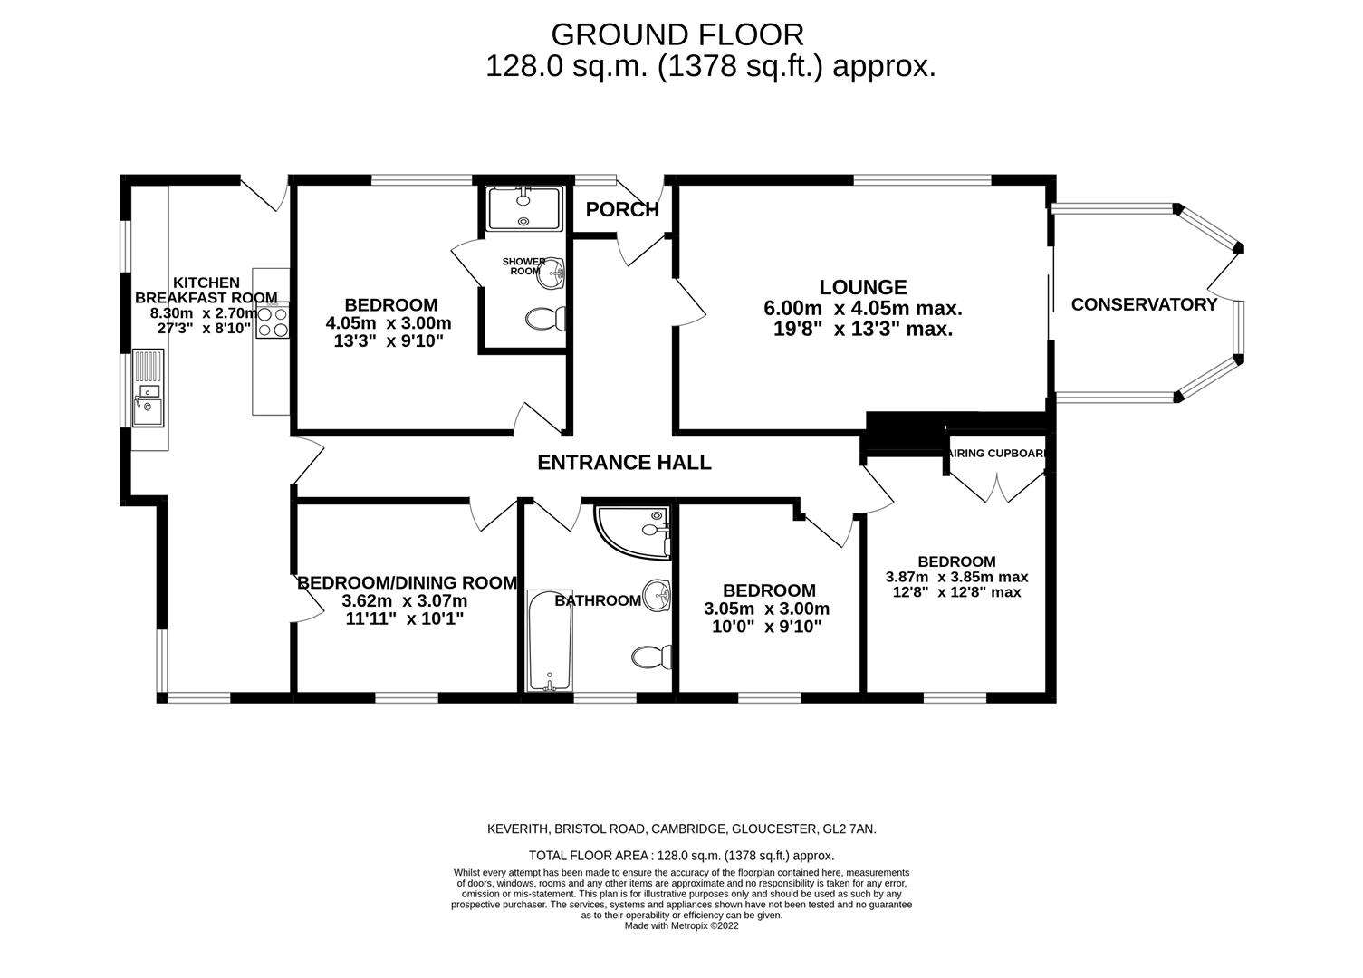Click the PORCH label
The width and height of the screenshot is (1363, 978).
pyautogui.click(x=622, y=210)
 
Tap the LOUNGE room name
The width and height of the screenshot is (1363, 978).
pyautogui.click(x=862, y=287)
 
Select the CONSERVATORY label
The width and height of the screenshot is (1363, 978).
pyautogui.click(x=1144, y=304)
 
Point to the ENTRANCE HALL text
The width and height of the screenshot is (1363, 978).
pyautogui.click(x=624, y=463)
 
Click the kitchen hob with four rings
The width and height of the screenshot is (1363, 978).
pyautogui.click(x=273, y=320)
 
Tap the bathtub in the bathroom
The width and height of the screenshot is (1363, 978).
pyautogui.click(x=550, y=640)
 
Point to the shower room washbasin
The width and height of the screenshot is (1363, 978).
pyautogui.click(x=551, y=273)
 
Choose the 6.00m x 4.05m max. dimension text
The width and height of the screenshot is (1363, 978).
pyautogui.click(x=862, y=309)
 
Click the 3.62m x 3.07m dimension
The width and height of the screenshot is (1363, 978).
pyautogui.click(x=405, y=601)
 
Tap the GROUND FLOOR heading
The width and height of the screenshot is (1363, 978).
pyautogui.click(x=677, y=34)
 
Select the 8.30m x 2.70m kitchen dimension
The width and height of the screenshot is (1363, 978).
pyautogui.click(x=204, y=313)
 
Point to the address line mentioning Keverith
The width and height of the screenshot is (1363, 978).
pyautogui.click(x=681, y=829)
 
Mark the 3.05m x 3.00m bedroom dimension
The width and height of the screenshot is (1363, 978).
pyautogui.click(x=766, y=609)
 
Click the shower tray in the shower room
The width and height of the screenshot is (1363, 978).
pyautogui.click(x=524, y=209)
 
